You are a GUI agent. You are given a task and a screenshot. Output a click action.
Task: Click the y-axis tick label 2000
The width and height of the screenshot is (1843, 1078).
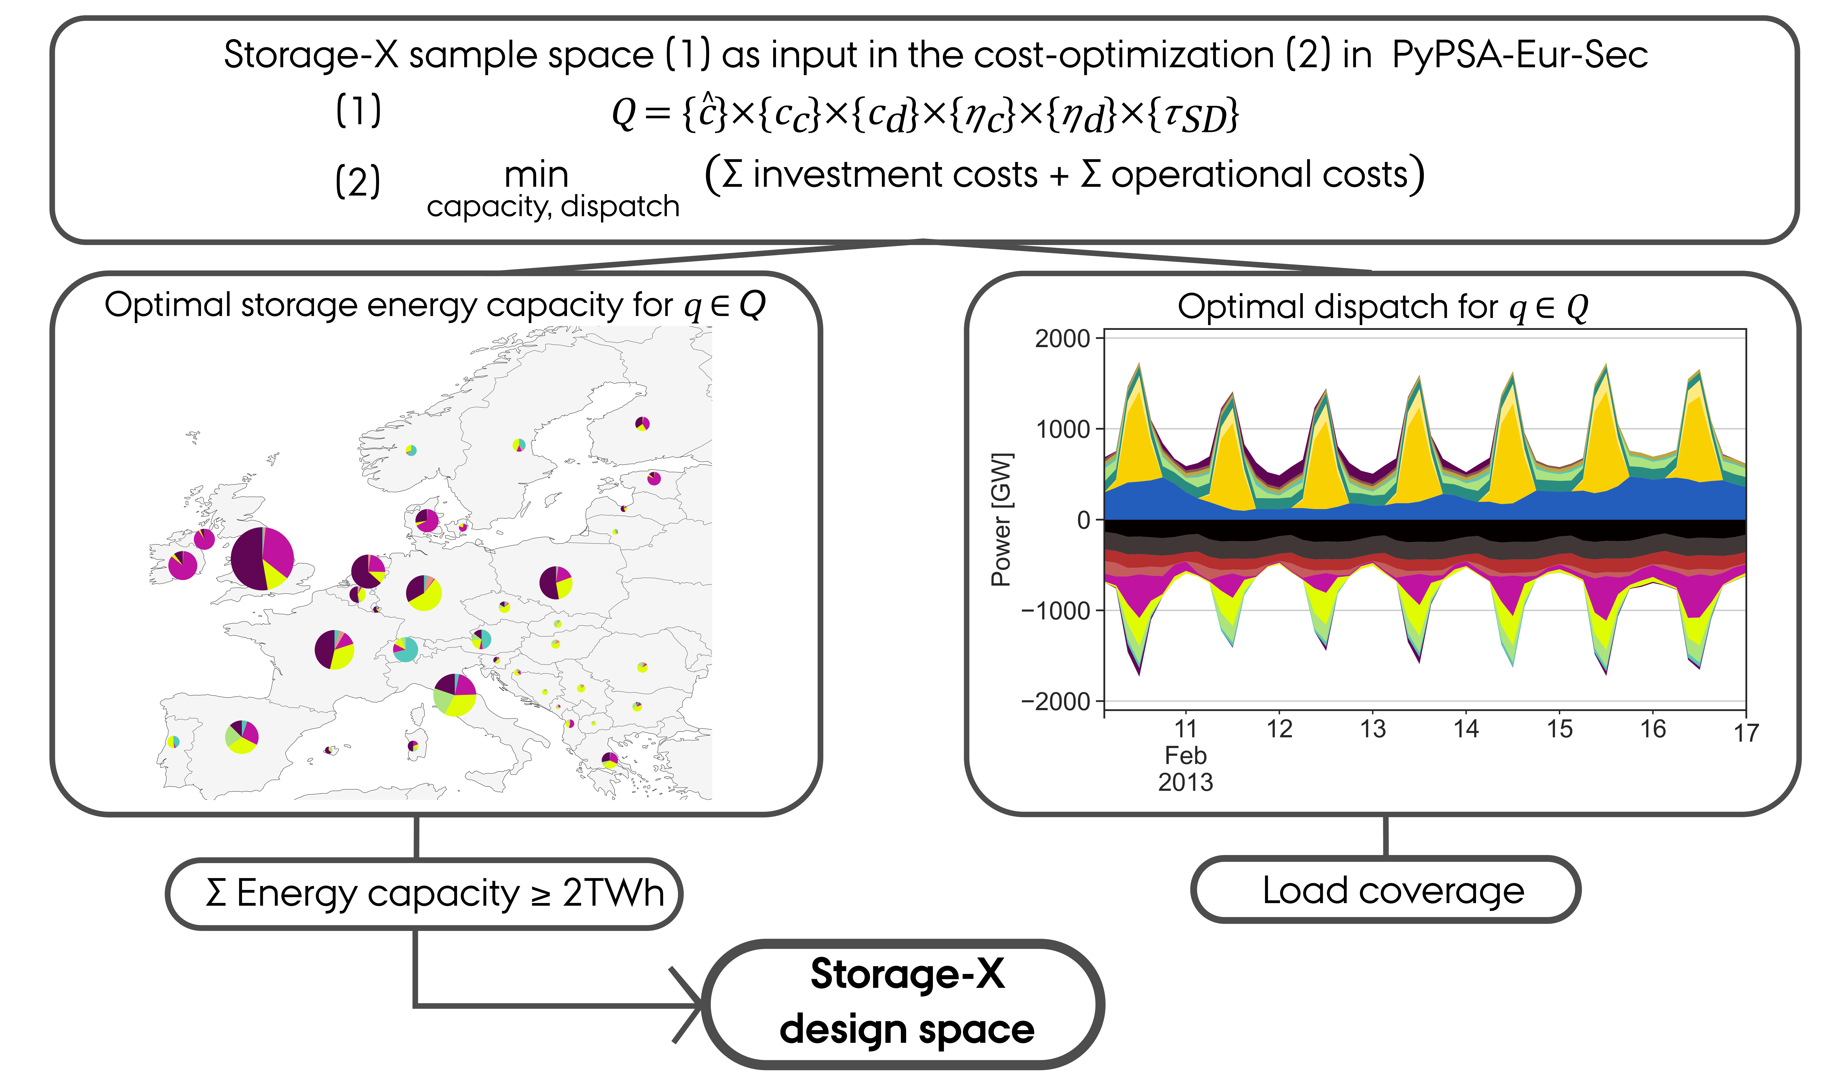coord(1062,339)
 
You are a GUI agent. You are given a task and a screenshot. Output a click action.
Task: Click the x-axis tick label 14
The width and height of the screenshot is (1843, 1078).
coord(1466,729)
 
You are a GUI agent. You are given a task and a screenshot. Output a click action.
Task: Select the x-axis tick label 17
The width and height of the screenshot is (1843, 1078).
coord(1746,733)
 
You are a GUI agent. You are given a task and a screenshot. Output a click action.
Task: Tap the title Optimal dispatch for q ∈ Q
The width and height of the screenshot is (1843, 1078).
coord(1382,307)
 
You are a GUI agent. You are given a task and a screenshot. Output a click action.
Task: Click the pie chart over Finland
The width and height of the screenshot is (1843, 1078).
coord(642,423)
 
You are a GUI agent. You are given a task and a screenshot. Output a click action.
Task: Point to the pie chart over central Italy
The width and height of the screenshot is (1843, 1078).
coord(455,695)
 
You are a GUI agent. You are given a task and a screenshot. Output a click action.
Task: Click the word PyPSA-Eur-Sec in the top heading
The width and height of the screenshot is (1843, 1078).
coord(1520,55)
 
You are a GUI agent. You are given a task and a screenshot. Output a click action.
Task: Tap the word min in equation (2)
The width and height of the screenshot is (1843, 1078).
coord(536,175)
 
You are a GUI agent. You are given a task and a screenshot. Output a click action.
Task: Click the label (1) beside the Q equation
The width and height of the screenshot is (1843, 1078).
coord(358,111)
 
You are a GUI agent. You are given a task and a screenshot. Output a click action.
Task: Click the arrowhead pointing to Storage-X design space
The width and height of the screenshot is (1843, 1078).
coord(691,1006)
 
